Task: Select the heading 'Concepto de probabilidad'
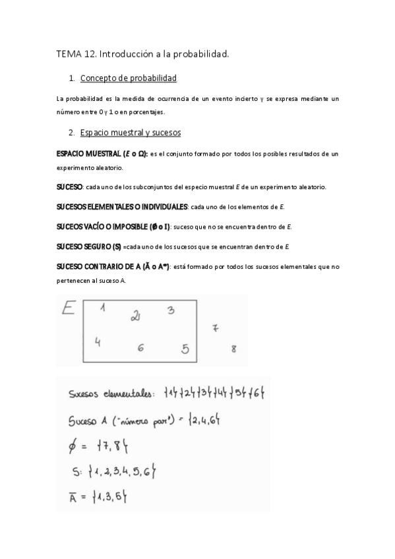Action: coord(128,78)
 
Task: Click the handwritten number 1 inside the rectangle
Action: coord(104,307)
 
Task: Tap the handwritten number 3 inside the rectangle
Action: coord(170,310)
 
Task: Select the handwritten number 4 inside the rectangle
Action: coord(97,341)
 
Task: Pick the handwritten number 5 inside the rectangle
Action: coord(185,349)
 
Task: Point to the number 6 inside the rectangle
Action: coord(140,348)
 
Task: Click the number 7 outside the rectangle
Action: coord(215,328)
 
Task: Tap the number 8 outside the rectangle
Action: coord(233,349)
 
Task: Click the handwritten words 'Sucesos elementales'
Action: coord(111,394)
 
